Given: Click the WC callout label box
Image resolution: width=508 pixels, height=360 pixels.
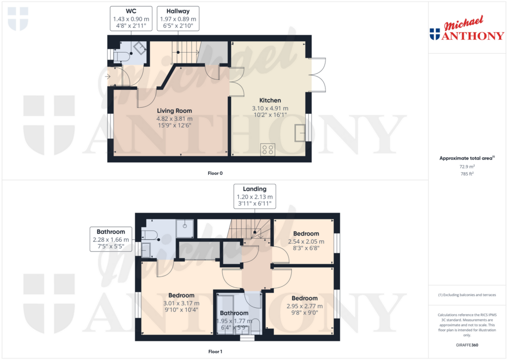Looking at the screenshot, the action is click(131, 18).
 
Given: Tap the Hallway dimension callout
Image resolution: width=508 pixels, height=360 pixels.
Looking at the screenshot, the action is click(178, 18).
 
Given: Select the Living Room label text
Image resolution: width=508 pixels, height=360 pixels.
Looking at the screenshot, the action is click(174, 111).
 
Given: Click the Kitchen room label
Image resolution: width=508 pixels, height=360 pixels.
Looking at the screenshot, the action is click(270, 100).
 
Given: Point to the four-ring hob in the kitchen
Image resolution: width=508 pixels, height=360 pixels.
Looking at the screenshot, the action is click(267, 149).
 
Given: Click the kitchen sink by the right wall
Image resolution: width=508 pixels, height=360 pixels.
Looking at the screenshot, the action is click(300, 133).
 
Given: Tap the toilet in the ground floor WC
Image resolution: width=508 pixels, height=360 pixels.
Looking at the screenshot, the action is click(121, 56).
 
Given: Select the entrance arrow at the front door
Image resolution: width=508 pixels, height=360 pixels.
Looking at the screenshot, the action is click(108, 76).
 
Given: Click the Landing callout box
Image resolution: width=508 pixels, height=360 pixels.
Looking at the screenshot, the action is click(254, 196).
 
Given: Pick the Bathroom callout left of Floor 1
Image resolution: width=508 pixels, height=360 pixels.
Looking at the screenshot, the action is click(111, 239).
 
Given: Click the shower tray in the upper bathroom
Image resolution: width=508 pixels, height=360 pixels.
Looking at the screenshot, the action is click(185, 228).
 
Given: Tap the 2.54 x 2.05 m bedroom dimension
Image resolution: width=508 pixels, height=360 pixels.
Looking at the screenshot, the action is click(306, 242).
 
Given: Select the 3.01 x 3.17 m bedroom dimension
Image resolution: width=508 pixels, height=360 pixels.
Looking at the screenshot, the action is click(181, 303).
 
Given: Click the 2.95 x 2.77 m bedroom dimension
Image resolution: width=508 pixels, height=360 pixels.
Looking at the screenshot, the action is click(305, 306).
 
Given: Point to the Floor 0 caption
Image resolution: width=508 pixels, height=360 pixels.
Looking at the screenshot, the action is click(215, 173).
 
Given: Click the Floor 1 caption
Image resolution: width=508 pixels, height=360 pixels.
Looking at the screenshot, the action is click(215, 352).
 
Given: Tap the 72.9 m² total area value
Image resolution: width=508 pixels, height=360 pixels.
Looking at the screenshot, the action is click(467, 167).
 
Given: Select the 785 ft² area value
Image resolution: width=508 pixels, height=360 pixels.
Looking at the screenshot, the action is click(467, 174).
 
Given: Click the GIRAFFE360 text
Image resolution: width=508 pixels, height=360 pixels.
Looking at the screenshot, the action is click(467, 345).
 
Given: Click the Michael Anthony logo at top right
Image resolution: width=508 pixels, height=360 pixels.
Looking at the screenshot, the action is click(467, 28).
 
